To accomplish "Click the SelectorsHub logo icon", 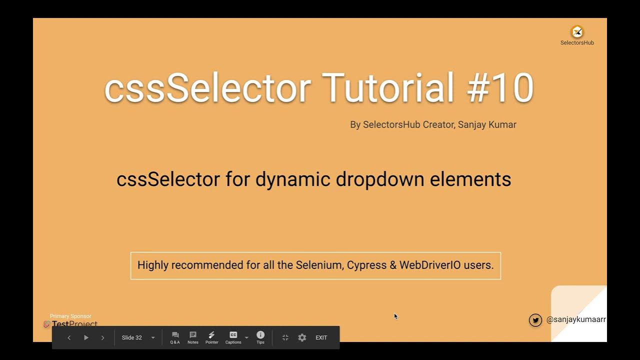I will point(577,32).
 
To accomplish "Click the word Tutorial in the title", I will point(387,88).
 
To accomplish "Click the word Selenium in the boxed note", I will point(318,265).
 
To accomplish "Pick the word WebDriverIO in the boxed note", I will point(429,265).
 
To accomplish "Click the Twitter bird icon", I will point(535,320).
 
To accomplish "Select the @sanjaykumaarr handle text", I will point(576,319).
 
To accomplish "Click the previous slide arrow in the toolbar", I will point(69,337).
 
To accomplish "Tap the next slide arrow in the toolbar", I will point(103,337).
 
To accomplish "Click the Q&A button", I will point(175,337).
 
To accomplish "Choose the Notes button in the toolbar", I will point(193,337).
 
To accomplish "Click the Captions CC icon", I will point(233,335).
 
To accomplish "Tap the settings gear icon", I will point(302,337).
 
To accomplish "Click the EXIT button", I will point(321,337).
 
